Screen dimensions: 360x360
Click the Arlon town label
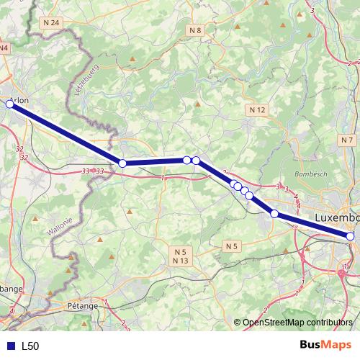(20, 100)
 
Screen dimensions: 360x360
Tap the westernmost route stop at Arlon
(10, 104)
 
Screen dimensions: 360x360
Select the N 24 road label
(51, 23)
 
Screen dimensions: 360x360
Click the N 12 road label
(258, 109)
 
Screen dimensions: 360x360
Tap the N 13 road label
(180, 261)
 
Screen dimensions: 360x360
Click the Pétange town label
(84, 306)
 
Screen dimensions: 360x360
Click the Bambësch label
(311, 175)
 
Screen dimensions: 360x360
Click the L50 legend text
(30, 346)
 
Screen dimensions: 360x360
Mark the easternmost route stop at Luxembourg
(351, 236)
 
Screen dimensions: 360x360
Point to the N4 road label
(4, 48)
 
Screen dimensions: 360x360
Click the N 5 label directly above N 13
(180, 251)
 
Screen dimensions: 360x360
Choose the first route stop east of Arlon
(122, 163)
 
